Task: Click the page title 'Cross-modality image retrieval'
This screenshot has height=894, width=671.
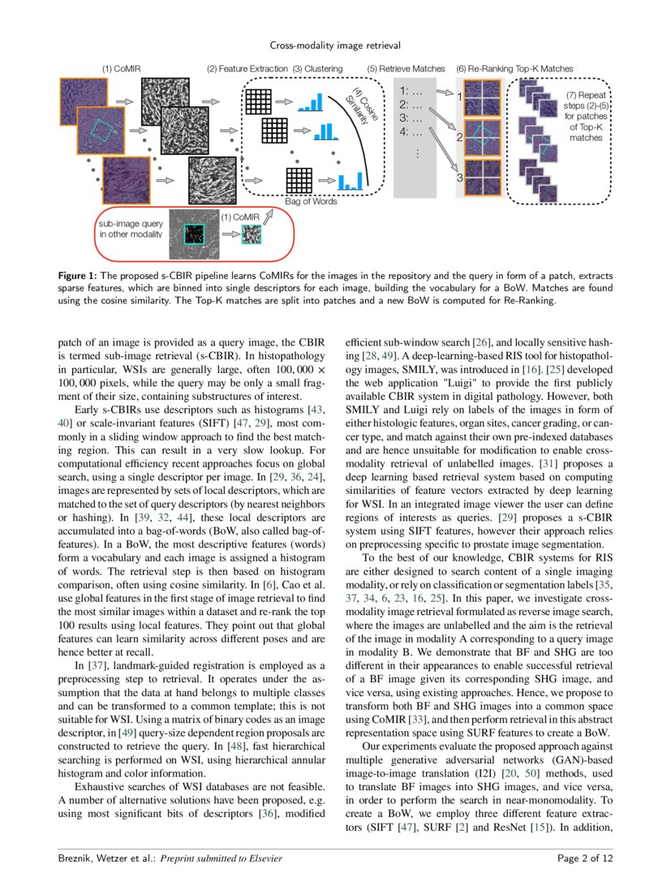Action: [335, 45]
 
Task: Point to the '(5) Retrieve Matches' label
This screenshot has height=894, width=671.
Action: [406, 69]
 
